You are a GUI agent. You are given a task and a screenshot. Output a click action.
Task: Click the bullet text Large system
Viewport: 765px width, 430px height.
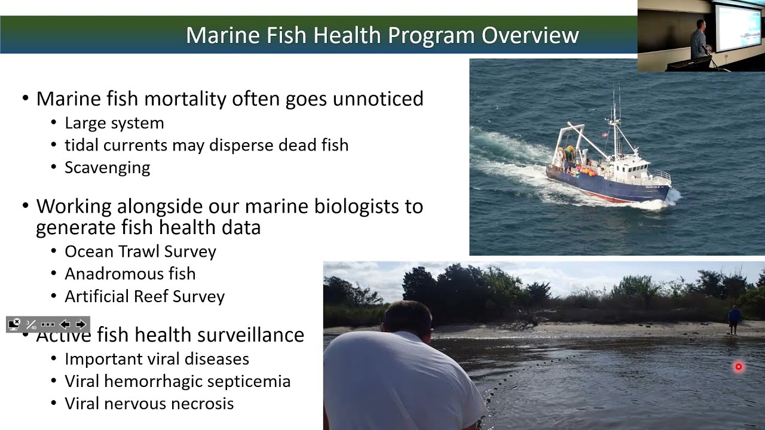coord(114,123)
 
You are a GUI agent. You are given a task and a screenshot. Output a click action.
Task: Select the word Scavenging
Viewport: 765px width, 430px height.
coord(108,167)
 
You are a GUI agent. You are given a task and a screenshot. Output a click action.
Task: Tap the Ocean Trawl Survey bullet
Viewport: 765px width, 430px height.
coord(140,251)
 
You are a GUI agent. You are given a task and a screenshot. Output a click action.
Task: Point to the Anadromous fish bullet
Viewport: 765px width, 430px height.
coord(130,274)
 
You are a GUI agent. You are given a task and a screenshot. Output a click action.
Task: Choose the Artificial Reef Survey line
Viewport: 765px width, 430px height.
coord(145,296)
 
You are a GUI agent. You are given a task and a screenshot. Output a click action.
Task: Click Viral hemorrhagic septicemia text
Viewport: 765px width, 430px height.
coord(178,381)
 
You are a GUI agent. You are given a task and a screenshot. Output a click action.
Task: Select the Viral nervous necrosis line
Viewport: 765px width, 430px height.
coord(149,403)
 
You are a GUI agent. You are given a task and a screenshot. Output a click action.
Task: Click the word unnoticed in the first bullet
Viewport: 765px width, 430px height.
coord(378,99)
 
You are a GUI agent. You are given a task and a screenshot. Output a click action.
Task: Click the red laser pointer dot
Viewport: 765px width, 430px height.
coord(739,367)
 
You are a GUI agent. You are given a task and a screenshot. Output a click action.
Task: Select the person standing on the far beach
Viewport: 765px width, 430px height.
coord(734,320)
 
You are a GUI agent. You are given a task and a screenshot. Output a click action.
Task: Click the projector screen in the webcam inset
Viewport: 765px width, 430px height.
coord(739,27)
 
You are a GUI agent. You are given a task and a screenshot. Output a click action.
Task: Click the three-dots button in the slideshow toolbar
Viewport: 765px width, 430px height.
coord(48,324)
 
